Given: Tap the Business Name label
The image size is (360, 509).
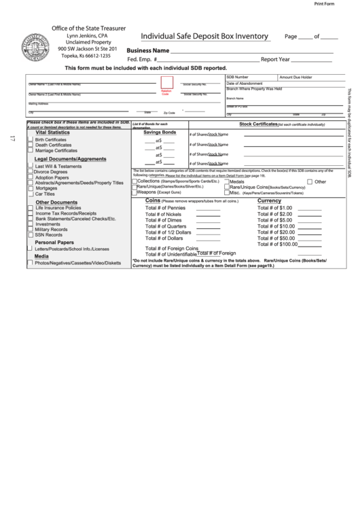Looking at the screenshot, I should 147,51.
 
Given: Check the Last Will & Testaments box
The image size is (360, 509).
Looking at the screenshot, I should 31,166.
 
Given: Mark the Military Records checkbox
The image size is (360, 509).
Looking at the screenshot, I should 31,229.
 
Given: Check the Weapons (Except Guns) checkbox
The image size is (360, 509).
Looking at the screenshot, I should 134,192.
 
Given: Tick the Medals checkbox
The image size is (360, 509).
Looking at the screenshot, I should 227,182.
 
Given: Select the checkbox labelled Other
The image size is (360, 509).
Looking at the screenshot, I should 310,182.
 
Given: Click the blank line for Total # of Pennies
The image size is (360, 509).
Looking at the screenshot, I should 208,209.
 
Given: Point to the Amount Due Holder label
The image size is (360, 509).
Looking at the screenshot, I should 295,77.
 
